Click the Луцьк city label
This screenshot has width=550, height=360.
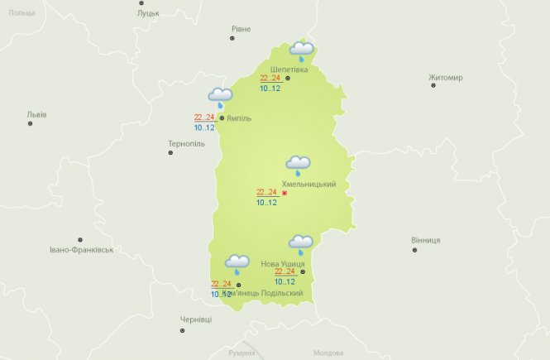[149, 14]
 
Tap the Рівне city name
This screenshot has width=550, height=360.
[241, 29]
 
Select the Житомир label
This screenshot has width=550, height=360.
[446, 78]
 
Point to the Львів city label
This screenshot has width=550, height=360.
[36, 114]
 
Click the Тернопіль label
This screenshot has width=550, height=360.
[185, 143]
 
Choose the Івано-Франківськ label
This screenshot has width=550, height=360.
[81, 249]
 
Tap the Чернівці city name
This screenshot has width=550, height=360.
[196, 319]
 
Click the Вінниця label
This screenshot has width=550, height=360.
[425, 240]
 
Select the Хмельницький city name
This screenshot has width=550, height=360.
[308, 184]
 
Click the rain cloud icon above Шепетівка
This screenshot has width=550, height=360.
[301, 51]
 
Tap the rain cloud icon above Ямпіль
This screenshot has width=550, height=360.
[220, 98]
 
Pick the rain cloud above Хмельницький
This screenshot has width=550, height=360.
[298, 166]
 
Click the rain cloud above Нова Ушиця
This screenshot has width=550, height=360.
[300, 244]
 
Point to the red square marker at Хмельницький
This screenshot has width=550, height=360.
[285, 194]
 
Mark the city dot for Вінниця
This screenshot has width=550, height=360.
[414, 249]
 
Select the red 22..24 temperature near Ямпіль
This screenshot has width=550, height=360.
[204, 118]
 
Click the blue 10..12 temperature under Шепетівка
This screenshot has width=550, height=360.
[270, 88]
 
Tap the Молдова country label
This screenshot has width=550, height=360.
[328, 353]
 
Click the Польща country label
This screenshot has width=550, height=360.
[22, 13]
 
